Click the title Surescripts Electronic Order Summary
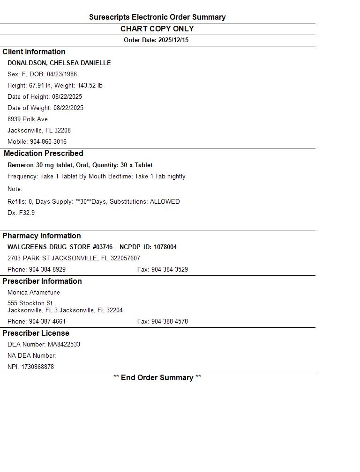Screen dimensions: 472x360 (157, 17)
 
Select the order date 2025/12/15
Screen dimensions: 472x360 (173, 40)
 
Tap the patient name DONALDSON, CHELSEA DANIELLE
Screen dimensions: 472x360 (59, 63)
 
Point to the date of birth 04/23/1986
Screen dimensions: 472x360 (62, 74)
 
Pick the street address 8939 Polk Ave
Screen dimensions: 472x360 (28, 119)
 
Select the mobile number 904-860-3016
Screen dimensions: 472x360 (48, 142)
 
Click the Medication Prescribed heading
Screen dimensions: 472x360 (44, 154)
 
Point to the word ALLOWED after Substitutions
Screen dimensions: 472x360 (165, 202)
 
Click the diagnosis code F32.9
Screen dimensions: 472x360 (27, 213)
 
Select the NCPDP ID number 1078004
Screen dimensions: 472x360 (165, 247)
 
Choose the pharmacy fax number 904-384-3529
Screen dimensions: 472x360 (169, 270)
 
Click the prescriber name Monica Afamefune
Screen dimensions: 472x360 (34, 293)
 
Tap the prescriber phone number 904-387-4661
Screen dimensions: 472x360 (47, 322)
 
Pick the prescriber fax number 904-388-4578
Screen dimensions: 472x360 (169, 322)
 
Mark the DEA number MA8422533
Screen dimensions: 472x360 (64, 345)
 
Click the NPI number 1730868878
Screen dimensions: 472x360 (37, 367)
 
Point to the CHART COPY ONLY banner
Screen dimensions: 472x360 (157, 29)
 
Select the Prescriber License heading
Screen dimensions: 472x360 (36, 333)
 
